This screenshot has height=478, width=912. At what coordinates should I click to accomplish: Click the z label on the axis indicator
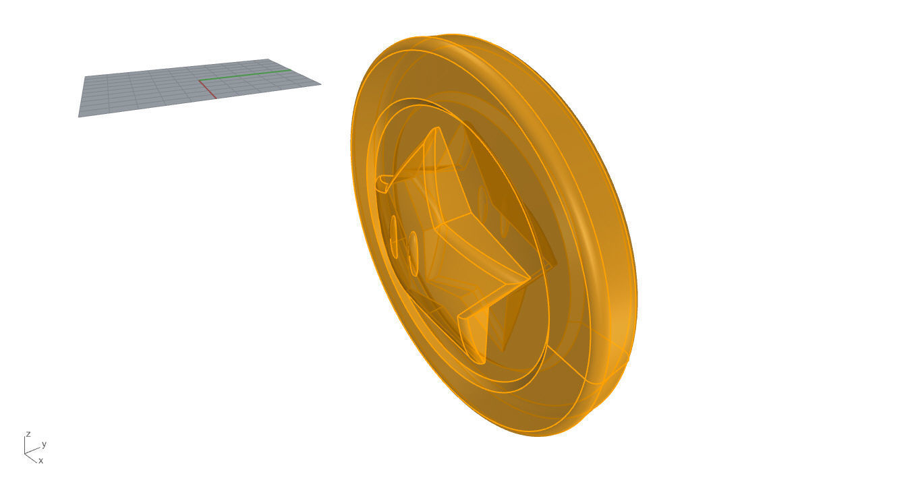(28, 434)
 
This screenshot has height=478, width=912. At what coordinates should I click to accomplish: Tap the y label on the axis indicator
(44, 444)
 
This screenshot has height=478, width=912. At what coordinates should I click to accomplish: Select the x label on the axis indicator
(40, 460)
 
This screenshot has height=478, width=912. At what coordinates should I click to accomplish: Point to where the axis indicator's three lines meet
(26, 452)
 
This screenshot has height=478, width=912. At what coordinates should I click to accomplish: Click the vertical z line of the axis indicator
(26, 444)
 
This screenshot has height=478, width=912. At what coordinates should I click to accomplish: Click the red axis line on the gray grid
(207, 90)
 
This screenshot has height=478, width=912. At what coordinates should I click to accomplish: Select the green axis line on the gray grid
(244, 75)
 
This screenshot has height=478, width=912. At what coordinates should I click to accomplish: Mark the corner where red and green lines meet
(199, 81)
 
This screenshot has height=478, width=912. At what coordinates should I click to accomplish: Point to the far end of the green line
(291, 69)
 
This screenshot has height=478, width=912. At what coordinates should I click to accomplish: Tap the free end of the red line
(216, 98)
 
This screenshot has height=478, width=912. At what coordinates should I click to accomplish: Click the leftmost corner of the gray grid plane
(79, 117)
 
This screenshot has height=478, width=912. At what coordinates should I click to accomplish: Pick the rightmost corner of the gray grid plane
(320, 84)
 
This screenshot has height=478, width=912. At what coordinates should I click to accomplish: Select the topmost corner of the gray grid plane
(268, 59)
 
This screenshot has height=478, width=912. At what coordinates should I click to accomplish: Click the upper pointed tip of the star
(436, 128)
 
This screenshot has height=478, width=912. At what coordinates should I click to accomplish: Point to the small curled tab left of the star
(383, 181)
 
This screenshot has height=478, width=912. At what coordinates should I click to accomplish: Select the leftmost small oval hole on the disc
(394, 236)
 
